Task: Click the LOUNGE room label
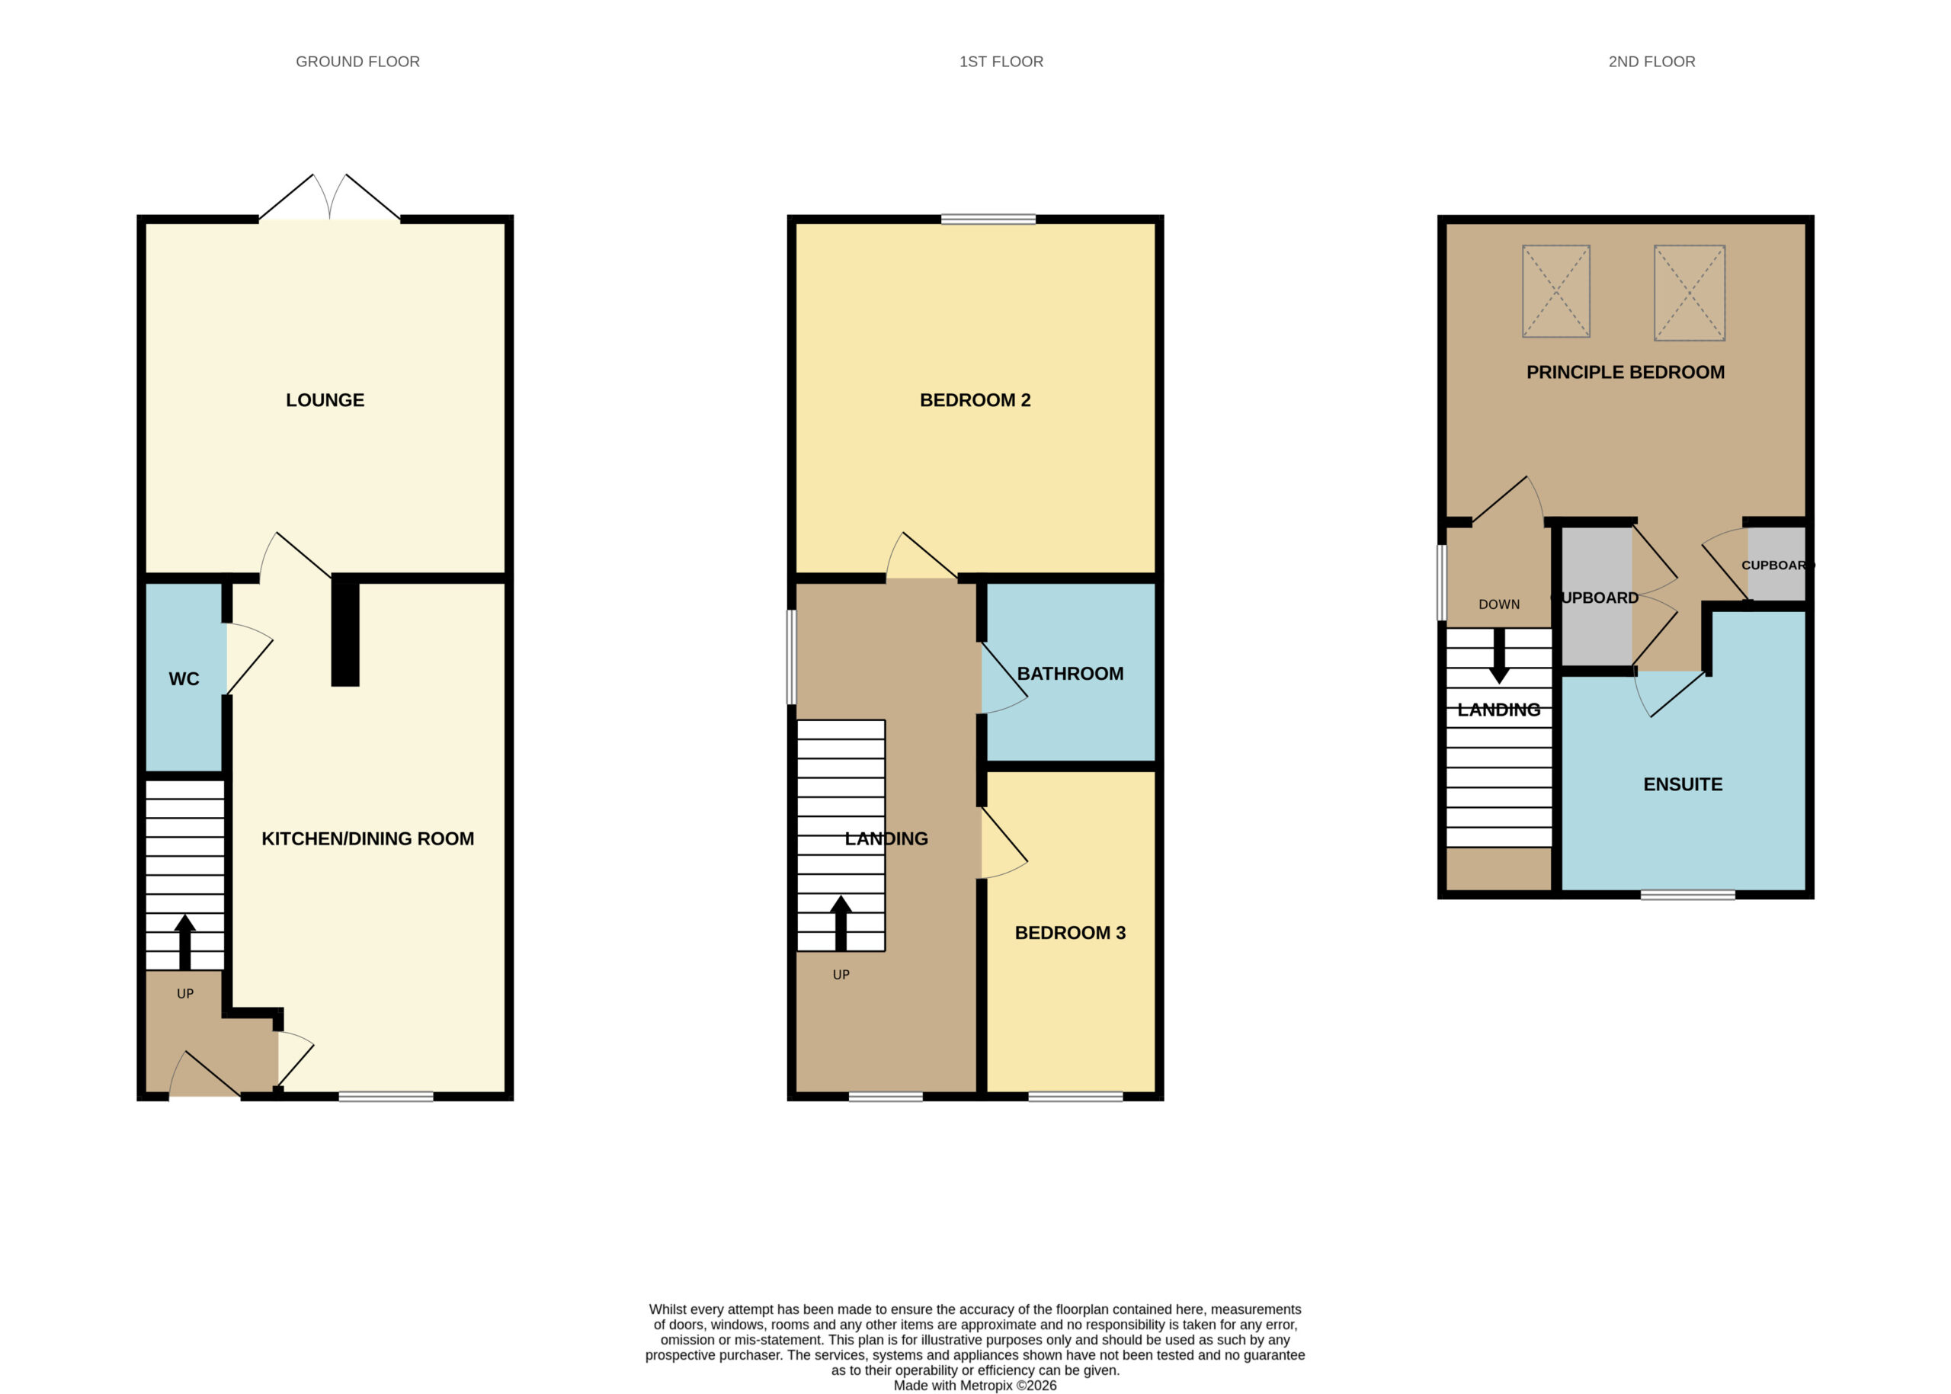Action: click(x=325, y=400)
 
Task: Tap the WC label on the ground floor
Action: click(x=184, y=679)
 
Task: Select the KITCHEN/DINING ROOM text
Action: click(x=367, y=838)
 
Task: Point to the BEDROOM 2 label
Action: click(x=975, y=400)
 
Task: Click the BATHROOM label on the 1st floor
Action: click(x=1070, y=674)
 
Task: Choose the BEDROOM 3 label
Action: click(x=1070, y=933)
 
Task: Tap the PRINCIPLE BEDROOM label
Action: click(x=1626, y=373)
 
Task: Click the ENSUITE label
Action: click(x=1683, y=784)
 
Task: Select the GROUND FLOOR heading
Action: click(x=358, y=62)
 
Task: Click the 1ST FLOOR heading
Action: click(x=1001, y=62)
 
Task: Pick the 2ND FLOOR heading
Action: click(x=1652, y=62)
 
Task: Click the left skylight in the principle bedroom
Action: click(x=1556, y=291)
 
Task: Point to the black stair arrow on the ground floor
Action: click(x=184, y=941)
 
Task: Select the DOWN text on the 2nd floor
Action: click(x=1500, y=604)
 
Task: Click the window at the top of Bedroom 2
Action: click(x=988, y=220)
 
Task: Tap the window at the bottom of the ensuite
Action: click(x=1688, y=896)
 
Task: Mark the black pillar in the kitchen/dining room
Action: click(x=345, y=630)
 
